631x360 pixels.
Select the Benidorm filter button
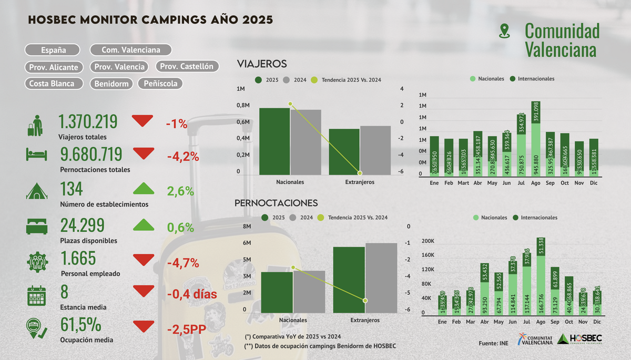click(112, 84)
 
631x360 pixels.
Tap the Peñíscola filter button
click(160, 84)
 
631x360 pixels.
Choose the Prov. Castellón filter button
click(187, 67)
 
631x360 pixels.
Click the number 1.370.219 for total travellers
click(88, 122)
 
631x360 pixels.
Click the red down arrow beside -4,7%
click(144, 260)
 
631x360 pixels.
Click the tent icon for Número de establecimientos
click(36, 191)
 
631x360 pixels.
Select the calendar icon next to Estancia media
click(36, 295)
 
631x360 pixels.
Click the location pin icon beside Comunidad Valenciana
click(505, 31)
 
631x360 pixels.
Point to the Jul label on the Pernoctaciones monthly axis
click(513, 322)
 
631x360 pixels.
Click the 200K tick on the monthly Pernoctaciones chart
click(428, 241)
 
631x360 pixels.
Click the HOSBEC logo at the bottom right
click(579, 339)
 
